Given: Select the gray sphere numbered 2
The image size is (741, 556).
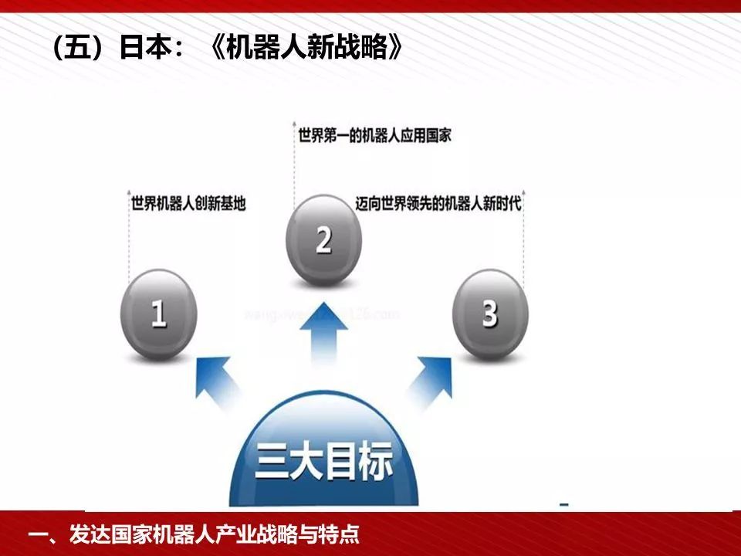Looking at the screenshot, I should [x=323, y=240].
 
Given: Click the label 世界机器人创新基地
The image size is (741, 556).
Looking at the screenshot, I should [x=188, y=205].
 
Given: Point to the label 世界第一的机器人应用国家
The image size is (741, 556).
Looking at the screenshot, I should [x=375, y=135].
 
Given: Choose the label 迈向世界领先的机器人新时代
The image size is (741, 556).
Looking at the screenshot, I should [x=438, y=205].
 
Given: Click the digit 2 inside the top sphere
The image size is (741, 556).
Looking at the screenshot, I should [x=323, y=240].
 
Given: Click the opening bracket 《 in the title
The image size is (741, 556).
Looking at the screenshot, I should [x=218, y=49].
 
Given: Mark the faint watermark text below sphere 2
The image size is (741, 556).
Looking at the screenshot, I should [x=323, y=314].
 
